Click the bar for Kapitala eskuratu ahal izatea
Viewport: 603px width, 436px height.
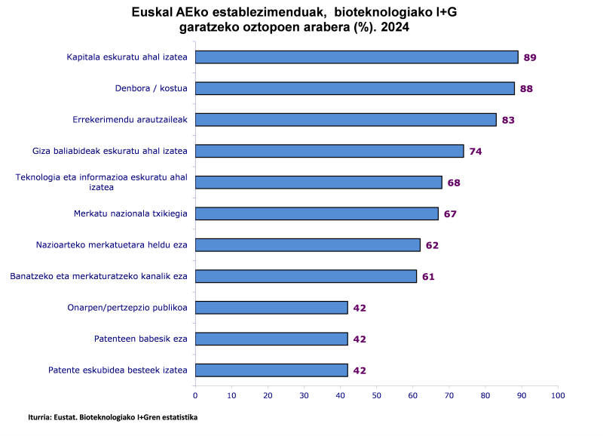point(357,57)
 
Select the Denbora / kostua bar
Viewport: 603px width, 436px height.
point(355,88)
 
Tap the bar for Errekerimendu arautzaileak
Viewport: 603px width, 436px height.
point(346,119)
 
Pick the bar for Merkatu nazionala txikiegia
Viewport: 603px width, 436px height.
point(317,213)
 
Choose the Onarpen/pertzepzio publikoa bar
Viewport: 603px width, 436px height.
point(271,308)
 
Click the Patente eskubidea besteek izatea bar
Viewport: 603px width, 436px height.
point(271,370)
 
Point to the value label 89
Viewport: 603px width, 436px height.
point(530,57)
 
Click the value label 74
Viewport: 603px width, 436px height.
point(476,152)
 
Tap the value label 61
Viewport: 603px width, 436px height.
point(428,277)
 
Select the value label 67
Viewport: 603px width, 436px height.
point(450,214)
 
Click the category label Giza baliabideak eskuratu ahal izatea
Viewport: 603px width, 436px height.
point(110,151)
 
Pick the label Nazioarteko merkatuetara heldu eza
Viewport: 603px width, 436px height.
point(112,245)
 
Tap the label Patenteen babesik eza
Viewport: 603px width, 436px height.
point(141,339)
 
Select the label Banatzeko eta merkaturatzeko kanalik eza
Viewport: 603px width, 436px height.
point(99,276)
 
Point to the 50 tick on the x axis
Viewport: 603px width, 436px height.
point(377,395)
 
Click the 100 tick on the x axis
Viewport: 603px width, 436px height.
point(558,395)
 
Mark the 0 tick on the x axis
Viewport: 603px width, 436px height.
point(195,395)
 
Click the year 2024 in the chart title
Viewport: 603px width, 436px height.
point(396,27)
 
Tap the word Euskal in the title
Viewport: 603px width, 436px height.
point(148,12)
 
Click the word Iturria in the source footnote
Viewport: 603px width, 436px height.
point(41,416)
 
